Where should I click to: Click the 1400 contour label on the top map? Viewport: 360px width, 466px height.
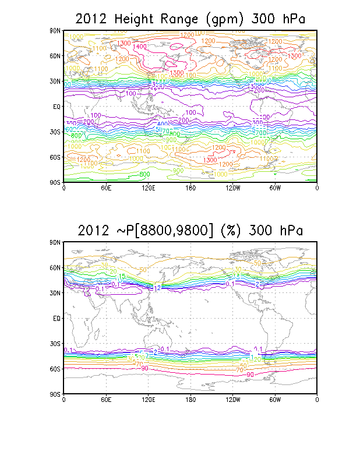tap(139, 47)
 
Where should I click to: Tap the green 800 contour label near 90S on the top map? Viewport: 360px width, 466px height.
tap(146, 175)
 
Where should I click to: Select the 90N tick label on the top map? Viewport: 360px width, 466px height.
tap(55, 30)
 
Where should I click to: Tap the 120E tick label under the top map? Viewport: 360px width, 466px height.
tap(148, 188)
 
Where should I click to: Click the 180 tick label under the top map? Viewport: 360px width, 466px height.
tap(190, 188)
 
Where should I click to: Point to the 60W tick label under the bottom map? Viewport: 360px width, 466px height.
tap(275, 400)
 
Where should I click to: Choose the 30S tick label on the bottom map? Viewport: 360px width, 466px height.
tap(55, 344)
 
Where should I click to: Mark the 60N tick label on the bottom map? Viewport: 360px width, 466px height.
tap(55, 267)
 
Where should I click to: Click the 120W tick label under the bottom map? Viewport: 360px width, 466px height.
tap(232, 400)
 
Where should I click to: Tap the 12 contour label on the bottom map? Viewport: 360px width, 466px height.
tap(157, 288)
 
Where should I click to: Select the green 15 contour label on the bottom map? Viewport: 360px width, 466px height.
tap(122, 276)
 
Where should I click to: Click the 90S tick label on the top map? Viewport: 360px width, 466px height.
tap(55, 182)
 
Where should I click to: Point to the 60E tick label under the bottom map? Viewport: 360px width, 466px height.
tap(105, 400)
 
